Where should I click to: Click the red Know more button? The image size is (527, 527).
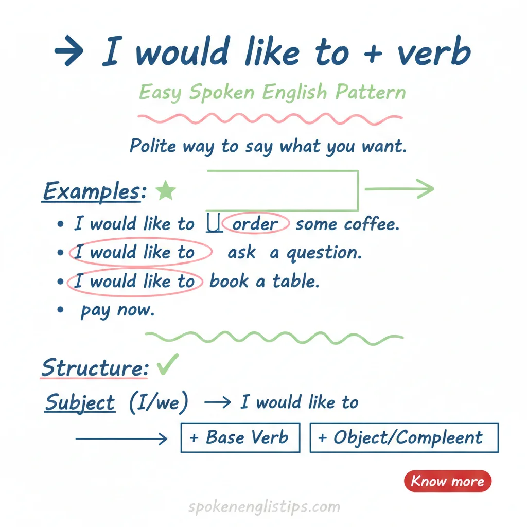pos(448,481)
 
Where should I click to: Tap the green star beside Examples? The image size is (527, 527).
pos(166,191)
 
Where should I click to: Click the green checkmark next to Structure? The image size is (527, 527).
pos(167,365)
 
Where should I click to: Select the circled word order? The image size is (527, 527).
pos(255,224)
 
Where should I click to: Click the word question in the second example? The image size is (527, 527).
pos(324,253)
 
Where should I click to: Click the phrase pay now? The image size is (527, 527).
pos(117,310)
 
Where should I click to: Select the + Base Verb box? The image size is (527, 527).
pos(240,437)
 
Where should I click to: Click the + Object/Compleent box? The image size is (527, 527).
pos(403,437)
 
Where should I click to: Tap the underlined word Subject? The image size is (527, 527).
pos(80,402)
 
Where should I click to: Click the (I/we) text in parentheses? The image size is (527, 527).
pos(157,402)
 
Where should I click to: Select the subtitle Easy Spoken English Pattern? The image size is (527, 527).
pos(272,93)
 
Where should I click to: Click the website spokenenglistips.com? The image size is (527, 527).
pos(264,507)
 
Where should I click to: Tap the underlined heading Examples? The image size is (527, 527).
pos(91,191)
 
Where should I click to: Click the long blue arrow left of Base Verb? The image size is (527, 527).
pos(121,438)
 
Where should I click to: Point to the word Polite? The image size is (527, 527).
pos(153,146)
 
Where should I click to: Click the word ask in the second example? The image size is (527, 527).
pos(241,253)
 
